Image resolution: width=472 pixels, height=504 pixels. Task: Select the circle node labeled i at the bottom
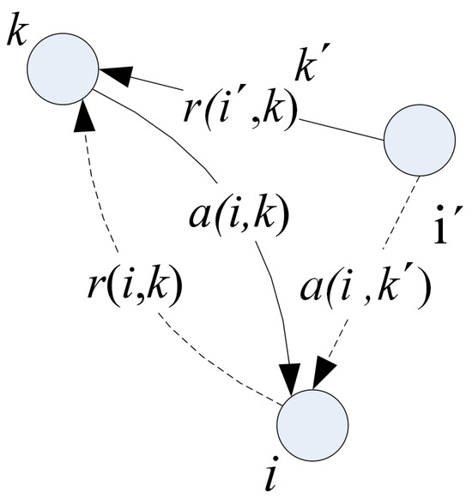click(x=313, y=423)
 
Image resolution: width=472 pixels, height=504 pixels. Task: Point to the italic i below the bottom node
click(x=271, y=485)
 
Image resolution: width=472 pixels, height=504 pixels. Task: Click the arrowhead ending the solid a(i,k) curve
click(x=291, y=377)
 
